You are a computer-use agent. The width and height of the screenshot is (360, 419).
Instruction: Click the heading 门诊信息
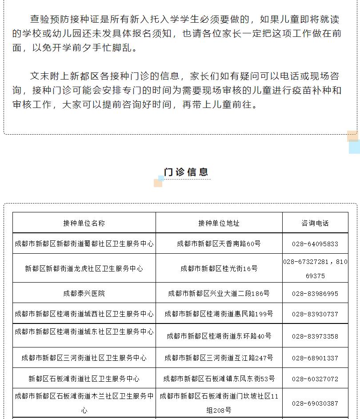186,172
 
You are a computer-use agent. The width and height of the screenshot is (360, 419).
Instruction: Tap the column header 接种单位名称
84,223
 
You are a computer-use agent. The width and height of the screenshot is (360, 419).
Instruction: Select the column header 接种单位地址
219,223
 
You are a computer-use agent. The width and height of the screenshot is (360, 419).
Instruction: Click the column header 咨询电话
315,223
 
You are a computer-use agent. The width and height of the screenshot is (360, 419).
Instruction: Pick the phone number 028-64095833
315,244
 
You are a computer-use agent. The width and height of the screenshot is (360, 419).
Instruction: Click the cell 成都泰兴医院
84,294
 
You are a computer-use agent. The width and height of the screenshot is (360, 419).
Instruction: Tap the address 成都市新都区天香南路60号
219,244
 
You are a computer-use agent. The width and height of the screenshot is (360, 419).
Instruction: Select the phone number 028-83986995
315,294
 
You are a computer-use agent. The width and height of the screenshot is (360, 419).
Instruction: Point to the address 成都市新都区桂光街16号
219,269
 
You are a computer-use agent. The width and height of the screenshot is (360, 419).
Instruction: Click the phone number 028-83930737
315,314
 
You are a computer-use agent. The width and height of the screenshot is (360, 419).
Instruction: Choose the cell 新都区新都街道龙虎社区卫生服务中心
84,269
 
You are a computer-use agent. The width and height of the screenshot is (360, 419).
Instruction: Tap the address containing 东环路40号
219,336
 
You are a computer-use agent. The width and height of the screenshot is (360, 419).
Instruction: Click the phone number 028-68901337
315,358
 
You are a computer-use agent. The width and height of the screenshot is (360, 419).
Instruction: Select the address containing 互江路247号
219,358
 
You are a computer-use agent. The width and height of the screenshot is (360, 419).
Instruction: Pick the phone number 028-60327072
315,379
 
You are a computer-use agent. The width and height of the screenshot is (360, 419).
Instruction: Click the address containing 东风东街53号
219,379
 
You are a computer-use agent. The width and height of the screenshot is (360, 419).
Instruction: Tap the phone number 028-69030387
315,403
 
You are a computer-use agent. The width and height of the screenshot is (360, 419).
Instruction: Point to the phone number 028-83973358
315,336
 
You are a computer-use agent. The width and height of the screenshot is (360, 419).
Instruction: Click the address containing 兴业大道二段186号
219,294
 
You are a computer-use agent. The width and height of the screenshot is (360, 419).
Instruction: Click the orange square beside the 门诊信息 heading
157,183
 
